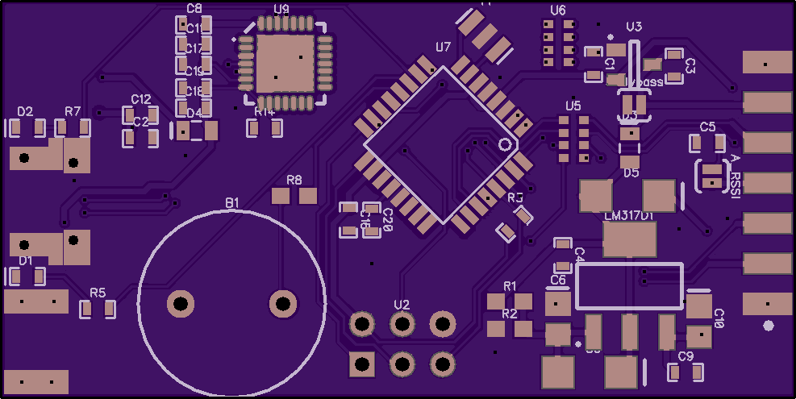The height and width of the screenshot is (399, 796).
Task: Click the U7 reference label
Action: (x=443, y=48)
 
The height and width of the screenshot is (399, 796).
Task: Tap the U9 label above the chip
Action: (x=281, y=9)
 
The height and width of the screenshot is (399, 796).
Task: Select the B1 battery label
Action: (x=232, y=203)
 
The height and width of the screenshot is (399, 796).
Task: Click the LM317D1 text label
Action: (x=628, y=216)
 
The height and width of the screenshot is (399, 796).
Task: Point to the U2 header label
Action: (x=402, y=304)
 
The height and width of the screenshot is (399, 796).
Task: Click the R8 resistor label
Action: (x=294, y=180)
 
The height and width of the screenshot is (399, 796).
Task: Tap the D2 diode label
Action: (x=25, y=111)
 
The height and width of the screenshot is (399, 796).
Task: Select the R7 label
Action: (x=73, y=111)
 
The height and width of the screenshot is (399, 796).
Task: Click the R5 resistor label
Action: (x=98, y=293)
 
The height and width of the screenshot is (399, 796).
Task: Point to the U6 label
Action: (x=558, y=10)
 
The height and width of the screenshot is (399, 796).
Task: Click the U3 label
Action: (x=634, y=27)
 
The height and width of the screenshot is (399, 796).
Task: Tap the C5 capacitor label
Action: (x=707, y=127)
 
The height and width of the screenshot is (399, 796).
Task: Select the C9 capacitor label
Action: (x=686, y=356)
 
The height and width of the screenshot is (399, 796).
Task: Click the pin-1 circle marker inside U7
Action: (x=506, y=144)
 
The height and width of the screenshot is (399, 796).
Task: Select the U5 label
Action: (x=573, y=106)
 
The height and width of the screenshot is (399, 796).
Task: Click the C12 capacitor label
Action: (x=141, y=100)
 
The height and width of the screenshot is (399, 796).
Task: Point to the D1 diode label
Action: (x=25, y=260)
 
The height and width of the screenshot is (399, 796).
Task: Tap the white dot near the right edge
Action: (x=768, y=326)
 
